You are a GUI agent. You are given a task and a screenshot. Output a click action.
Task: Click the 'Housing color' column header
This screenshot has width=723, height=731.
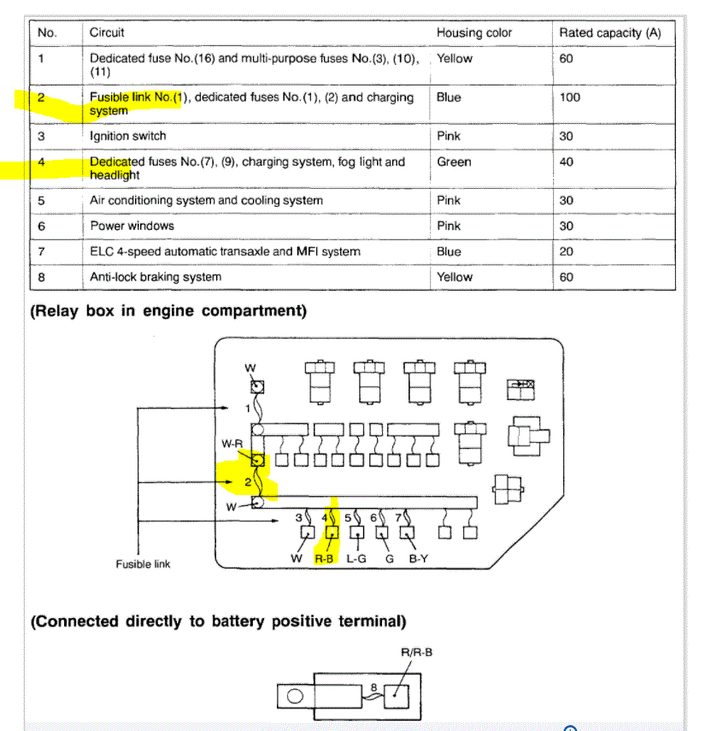[x=474, y=32]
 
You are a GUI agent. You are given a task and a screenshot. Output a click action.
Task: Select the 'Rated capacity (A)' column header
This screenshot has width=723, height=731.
[x=610, y=32]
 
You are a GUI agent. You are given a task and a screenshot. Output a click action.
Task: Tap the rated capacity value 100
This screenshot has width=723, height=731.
[x=570, y=97]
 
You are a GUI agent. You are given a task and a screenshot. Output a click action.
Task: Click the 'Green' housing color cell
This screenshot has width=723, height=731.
[x=454, y=162]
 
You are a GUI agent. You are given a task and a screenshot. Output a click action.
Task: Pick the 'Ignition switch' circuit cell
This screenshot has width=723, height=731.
[x=128, y=136]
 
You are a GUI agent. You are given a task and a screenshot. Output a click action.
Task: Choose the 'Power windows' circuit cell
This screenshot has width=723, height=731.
[x=132, y=226]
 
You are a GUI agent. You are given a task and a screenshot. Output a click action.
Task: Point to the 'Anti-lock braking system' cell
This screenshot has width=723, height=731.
[x=156, y=277]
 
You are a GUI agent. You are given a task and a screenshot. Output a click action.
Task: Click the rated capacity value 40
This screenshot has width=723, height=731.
[x=567, y=162]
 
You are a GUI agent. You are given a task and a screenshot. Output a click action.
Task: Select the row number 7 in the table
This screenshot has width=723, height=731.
[x=41, y=251]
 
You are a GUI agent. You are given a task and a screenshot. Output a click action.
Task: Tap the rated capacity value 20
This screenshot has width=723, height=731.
[x=567, y=251]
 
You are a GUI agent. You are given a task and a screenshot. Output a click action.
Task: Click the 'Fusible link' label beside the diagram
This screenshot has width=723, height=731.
[x=143, y=564]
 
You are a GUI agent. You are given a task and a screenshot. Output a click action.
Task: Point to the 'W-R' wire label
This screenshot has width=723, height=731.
[x=232, y=444]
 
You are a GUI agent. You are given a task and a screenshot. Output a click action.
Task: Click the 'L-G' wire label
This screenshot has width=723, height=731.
[x=356, y=559]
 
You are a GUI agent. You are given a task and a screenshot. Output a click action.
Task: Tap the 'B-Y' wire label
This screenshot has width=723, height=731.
[x=418, y=559]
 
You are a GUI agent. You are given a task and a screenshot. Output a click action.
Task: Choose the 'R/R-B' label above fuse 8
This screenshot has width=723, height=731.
[x=416, y=652]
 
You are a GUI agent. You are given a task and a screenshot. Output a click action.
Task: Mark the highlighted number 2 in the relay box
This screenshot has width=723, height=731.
[x=248, y=482]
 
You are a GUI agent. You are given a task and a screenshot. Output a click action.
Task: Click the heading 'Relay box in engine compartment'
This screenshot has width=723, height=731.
[x=168, y=311]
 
